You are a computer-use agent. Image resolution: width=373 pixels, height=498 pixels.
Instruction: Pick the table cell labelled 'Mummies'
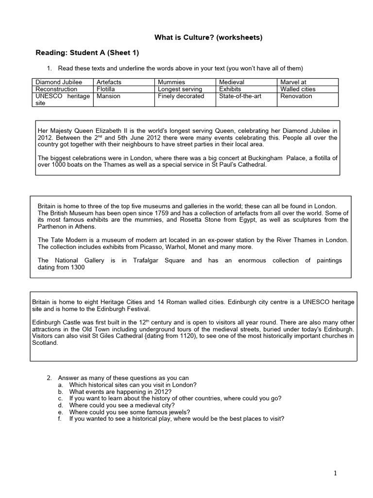(x=171, y=82)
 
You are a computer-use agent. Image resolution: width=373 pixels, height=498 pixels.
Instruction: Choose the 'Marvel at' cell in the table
(x=293, y=82)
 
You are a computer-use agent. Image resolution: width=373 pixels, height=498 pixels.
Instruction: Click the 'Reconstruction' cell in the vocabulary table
(x=56, y=89)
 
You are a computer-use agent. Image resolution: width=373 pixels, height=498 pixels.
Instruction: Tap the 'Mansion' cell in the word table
(x=108, y=96)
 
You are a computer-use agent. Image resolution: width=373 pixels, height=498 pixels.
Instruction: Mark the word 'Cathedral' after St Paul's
(x=250, y=165)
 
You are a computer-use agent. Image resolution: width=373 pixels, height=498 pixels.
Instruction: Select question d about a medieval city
(x=122, y=405)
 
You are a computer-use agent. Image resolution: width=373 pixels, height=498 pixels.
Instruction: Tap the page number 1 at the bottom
(x=335, y=474)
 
